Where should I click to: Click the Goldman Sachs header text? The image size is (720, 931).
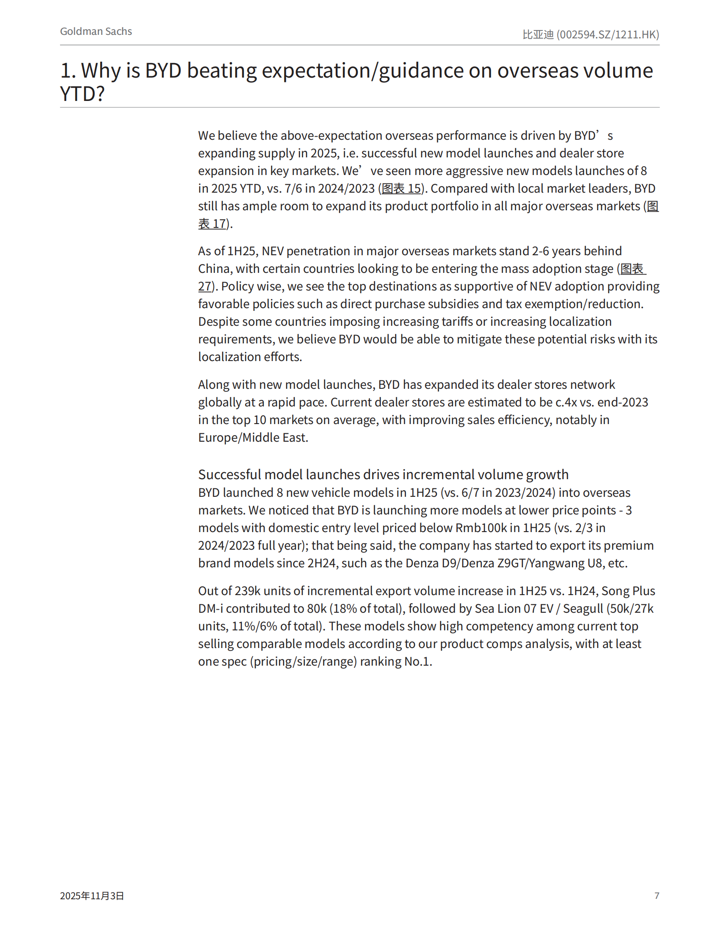click(x=96, y=31)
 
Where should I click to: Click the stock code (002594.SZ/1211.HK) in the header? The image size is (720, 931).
click(x=607, y=34)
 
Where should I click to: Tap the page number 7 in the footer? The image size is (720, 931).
click(x=656, y=895)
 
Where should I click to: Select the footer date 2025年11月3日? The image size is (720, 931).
click(x=92, y=895)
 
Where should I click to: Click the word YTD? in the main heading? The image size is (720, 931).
click(x=82, y=94)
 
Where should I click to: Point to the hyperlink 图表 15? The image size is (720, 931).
click(x=401, y=189)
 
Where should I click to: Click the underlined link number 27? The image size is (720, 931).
click(x=204, y=287)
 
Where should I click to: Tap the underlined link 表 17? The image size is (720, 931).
click(x=212, y=224)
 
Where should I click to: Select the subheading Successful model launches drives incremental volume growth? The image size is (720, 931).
click(x=383, y=474)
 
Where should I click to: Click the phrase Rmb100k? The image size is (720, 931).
click(x=481, y=528)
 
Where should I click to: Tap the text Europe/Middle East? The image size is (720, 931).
click(x=253, y=437)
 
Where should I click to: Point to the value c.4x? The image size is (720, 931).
click(x=566, y=402)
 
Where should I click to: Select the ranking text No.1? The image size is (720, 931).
click(x=418, y=661)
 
